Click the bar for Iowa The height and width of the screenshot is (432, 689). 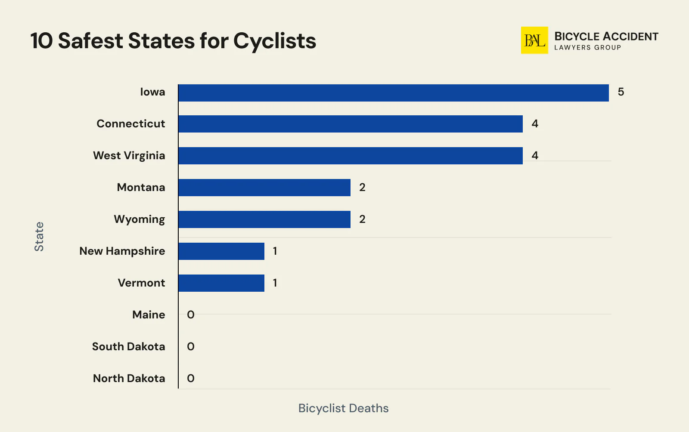[x=393, y=93]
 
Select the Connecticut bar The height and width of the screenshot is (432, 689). [x=350, y=124]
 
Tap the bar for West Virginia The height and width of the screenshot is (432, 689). [x=350, y=156]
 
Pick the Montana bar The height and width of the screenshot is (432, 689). [x=264, y=188]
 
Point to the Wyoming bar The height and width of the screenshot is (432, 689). [x=264, y=219]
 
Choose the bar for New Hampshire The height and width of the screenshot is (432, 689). [x=221, y=251]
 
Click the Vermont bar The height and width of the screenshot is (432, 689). [x=221, y=283]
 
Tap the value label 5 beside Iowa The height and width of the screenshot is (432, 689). [x=621, y=92]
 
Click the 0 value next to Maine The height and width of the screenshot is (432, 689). [x=191, y=315]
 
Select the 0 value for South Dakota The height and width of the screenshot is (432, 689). [x=191, y=347]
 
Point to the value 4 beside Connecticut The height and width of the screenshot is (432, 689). [x=535, y=124]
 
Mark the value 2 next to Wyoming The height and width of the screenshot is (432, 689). [x=362, y=219]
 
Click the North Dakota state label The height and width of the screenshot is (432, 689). [x=129, y=379]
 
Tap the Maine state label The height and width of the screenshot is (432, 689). [x=149, y=315]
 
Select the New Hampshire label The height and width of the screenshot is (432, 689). [x=122, y=251]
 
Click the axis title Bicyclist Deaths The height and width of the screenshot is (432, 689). [x=343, y=408]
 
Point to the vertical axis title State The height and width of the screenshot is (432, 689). [x=39, y=237]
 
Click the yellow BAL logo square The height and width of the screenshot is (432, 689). [x=534, y=40]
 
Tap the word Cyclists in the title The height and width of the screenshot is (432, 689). [x=275, y=41]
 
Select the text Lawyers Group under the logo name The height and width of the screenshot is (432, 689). [x=587, y=48]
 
